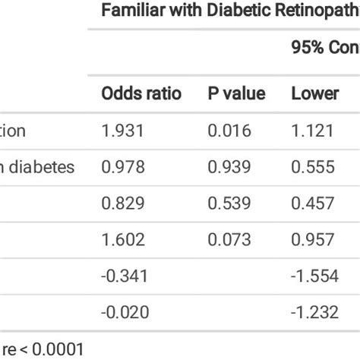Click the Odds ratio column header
[x=141, y=94]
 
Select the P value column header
[x=236, y=94]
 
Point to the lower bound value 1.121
[x=312, y=131]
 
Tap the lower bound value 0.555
[x=313, y=167]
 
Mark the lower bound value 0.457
[x=313, y=203]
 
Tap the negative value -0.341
[x=123, y=275]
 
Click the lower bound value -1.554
[x=314, y=275]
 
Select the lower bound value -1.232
[x=314, y=311]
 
